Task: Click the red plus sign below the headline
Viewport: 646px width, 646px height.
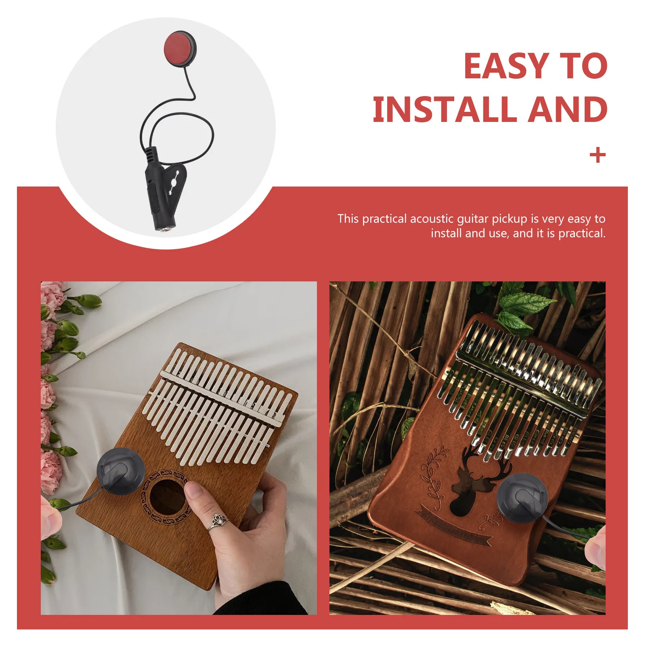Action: [x=598, y=155]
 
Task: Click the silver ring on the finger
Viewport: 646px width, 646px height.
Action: [x=218, y=521]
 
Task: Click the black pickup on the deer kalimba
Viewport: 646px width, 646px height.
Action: [x=522, y=498]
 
